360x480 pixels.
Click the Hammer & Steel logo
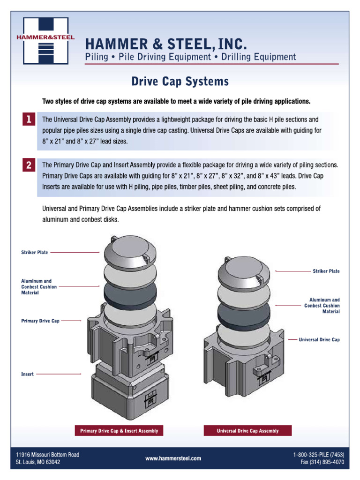(x=46, y=40)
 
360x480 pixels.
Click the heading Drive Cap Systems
(x=180, y=82)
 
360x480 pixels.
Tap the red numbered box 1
(x=29, y=120)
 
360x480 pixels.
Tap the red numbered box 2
(x=29, y=165)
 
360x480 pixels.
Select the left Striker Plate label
(x=35, y=252)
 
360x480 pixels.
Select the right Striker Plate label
(x=326, y=271)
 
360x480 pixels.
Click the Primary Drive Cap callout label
(x=40, y=321)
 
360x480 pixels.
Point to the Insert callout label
(x=27, y=374)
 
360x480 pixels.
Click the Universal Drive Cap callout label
(x=319, y=339)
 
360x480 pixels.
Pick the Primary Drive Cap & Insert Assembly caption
(x=119, y=431)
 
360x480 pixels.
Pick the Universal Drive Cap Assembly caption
(x=247, y=431)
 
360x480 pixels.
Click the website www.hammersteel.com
(x=173, y=458)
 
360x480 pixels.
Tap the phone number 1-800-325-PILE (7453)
(x=319, y=455)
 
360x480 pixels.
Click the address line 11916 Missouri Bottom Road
(x=47, y=455)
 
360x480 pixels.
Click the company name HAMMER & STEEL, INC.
(x=165, y=45)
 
